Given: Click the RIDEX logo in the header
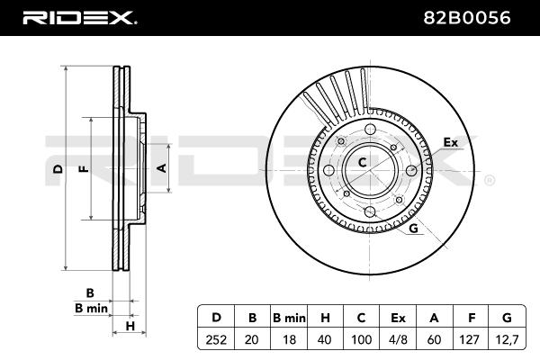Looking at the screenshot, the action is click(79, 18).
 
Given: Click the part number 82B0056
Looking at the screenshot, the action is click(466, 18).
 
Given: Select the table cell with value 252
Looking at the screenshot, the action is click(216, 339).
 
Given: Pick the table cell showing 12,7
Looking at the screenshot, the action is click(507, 339).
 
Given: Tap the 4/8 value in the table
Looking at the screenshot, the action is click(398, 339).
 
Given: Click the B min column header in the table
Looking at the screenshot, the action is click(289, 318).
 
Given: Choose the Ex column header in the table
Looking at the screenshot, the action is click(398, 318).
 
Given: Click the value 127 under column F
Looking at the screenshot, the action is click(469, 339).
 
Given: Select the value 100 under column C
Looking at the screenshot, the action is click(361, 339).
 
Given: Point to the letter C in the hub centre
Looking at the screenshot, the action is click(363, 162).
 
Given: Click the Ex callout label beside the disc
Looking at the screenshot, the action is click(451, 142).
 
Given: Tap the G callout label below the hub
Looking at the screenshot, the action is click(414, 228).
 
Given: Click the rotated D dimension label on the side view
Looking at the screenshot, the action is click(58, 169).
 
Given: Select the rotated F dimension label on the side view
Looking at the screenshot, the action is click(84, 169).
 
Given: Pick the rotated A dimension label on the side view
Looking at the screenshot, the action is click(161, 168).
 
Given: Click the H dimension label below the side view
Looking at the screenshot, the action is click(130, 326).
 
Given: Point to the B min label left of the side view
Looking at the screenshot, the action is click(91, 308).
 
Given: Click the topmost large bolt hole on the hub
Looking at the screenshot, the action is click(370, 130).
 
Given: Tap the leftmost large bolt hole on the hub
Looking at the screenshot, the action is click(329, 170).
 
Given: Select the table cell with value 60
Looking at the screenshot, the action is click(434, 339).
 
